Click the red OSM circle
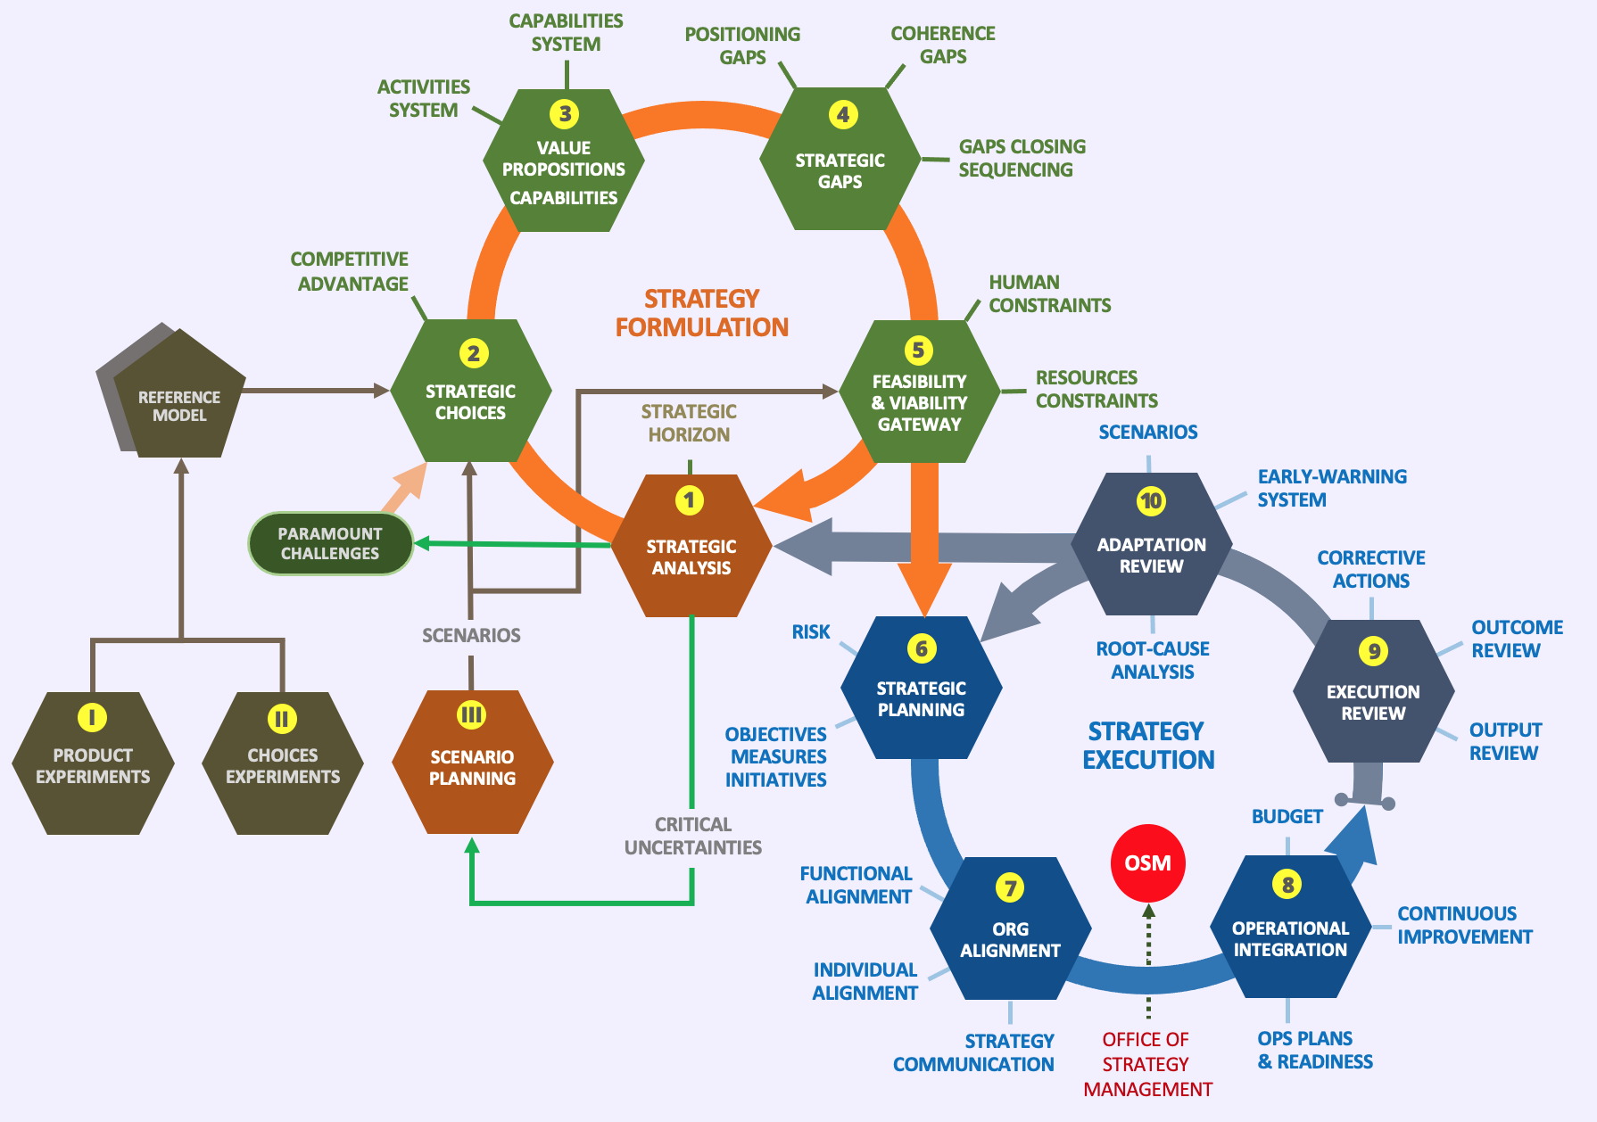click(x=1147, y=862)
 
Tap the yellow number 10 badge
click(x=1151, y=500)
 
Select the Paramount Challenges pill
click(x=330, y=543)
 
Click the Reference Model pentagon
click(x=178, y=401)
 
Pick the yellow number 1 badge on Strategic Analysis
click(x=689, y=500)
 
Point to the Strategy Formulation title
click(x=702, y=313)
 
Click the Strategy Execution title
click(x=1148, y=746)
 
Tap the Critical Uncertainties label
click(x=693, y=836)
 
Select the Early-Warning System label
click(x=1331, y=488)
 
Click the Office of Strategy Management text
click(x=1146, y=1064)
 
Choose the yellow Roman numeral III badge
click(x=471, y=714)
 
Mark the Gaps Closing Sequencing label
click(x=1022, y=158)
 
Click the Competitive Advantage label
click(x=351, y=271)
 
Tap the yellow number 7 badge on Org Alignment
click(x=1010, y=887)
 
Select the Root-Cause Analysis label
click(x=1153, y=660)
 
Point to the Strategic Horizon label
click(x=689, y=423)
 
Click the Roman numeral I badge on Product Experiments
click(x=92, y=717)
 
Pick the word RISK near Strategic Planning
click(x=811, y=631)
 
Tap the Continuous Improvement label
click(x=1464, y=925)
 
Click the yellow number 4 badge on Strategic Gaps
click(x=842, y=114)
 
